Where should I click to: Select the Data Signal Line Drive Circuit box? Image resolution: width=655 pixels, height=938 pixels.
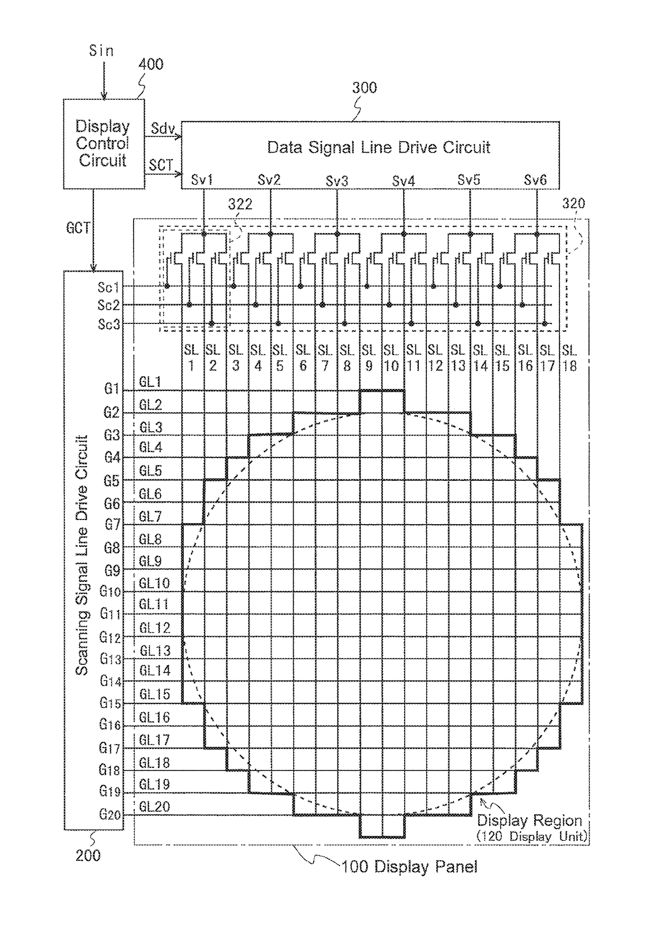tap(370, 155)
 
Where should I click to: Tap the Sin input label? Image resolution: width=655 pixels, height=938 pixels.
tap(101, 51)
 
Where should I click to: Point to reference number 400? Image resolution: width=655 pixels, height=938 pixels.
tap(151, 64)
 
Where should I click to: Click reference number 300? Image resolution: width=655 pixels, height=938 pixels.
tap(364, 88)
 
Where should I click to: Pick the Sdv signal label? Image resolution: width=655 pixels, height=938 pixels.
tap(163, 128)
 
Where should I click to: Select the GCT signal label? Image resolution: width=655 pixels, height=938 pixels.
tap(78, 228)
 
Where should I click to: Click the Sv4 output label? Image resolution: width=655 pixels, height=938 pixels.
tap(404, 181)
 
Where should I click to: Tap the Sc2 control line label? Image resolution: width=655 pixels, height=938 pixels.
tap(109, 305)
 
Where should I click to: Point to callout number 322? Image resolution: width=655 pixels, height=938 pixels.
tap(240, 205)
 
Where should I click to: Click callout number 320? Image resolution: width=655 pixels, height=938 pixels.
tap(573, 203)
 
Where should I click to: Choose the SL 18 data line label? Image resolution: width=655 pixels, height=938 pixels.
tap(569, 358)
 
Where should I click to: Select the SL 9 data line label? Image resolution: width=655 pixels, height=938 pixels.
tap(369, 358)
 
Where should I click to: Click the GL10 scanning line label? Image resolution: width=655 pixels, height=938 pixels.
tap(154, 583)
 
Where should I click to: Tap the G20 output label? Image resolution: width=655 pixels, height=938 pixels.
tap(110, 814)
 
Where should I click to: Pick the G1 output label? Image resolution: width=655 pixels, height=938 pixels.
tap(111, 389)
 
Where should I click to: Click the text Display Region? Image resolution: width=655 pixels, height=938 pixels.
tap(529, 821)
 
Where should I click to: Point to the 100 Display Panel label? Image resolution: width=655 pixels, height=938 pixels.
tap(409, 867)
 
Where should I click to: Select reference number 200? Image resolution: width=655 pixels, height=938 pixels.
tap(88, 856)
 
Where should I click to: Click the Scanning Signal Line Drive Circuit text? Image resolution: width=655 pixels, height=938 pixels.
tap(82, 555)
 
